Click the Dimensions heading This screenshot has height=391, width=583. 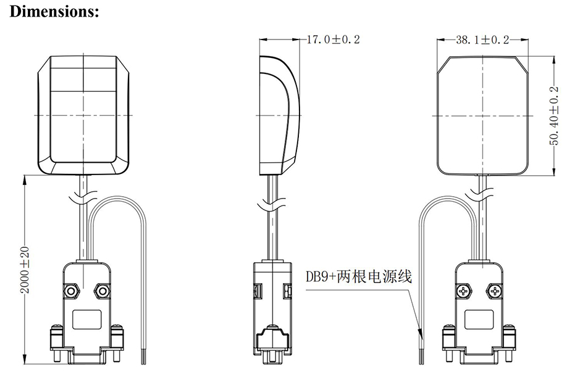point(54,12)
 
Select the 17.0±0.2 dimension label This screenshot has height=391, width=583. point(333,39)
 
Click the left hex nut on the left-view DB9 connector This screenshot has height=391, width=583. point(71,289)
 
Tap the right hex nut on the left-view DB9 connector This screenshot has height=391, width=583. point(100,289)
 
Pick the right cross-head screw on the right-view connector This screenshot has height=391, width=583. point(494,289)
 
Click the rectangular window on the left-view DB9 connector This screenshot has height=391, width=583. point(86,319)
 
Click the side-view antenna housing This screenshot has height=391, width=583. point(279,114)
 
